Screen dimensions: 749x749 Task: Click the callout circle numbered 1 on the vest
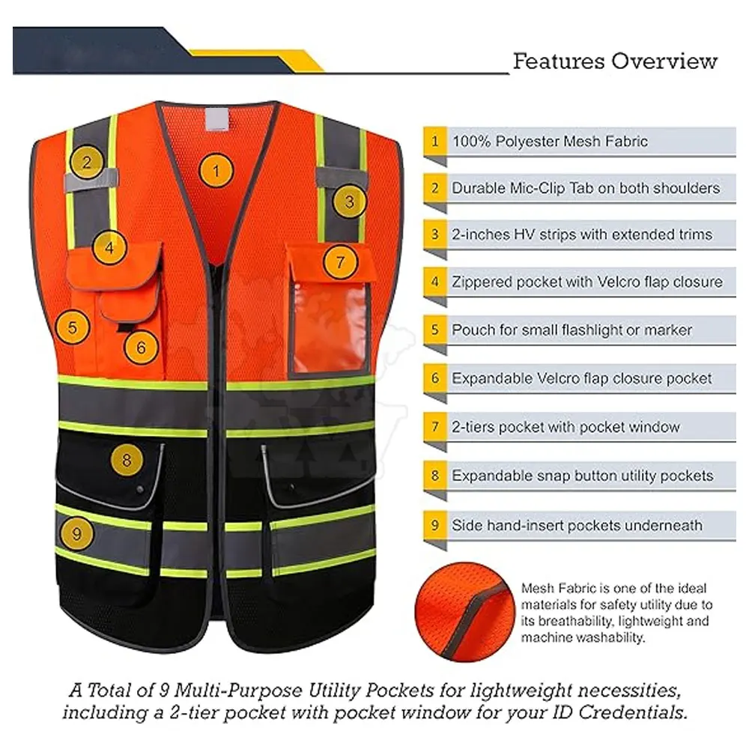216,172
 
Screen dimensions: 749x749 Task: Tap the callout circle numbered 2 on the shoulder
88,162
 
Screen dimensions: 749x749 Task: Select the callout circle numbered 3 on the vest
349,200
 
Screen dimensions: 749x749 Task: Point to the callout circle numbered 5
73,327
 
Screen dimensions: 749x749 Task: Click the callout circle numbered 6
141,346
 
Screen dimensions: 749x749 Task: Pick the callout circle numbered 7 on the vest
340,262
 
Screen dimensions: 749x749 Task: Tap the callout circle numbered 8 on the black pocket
126,460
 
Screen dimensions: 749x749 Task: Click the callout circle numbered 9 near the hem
76,533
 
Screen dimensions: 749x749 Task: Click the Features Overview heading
615,61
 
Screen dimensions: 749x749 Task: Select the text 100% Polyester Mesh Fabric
549,142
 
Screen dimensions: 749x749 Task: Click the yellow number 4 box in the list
434,282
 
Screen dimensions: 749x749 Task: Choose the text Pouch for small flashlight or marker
571,330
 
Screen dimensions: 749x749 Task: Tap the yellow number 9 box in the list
434,525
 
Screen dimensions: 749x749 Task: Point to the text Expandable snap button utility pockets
582,476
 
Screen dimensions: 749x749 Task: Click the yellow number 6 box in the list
434,379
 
